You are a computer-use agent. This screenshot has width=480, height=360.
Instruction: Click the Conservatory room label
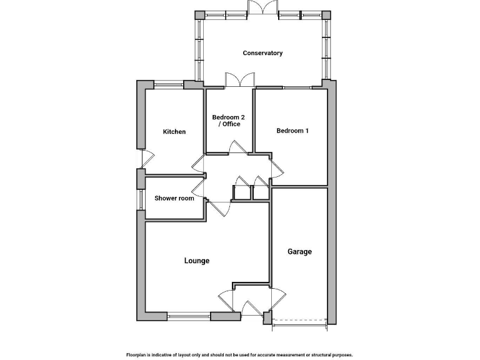tap(262, 53)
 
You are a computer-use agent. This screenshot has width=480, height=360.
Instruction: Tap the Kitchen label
tap(174, 132)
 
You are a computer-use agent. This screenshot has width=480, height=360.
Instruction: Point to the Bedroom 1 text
tap(292, 131)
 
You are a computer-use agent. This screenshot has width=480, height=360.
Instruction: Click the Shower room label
tap(174, 198)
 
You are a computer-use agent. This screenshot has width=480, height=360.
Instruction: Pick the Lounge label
tap(196, 261)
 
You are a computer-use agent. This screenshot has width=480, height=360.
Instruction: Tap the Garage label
tap(299, 252)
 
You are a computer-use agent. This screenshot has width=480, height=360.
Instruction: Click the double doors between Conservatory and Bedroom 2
tap(240, 81)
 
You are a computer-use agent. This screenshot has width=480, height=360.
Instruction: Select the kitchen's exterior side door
tap(142, 159)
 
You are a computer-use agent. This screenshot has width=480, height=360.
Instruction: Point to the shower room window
tap(141, 198)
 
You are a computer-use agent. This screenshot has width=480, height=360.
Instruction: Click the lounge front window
tap(189, 316)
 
